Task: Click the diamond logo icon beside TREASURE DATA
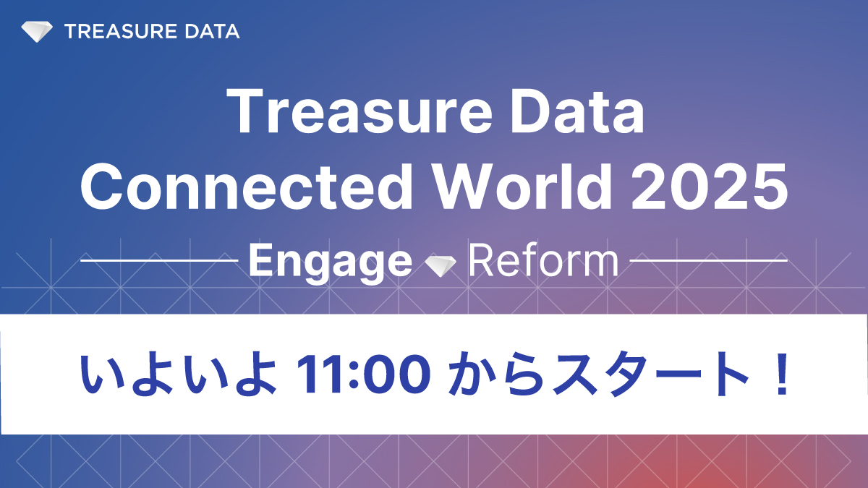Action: click(x=37, y=32)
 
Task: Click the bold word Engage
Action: click(x=330, y=262)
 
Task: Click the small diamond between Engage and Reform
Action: click(x=440, y=265)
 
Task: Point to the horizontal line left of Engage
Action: click(x=159, y=260)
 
